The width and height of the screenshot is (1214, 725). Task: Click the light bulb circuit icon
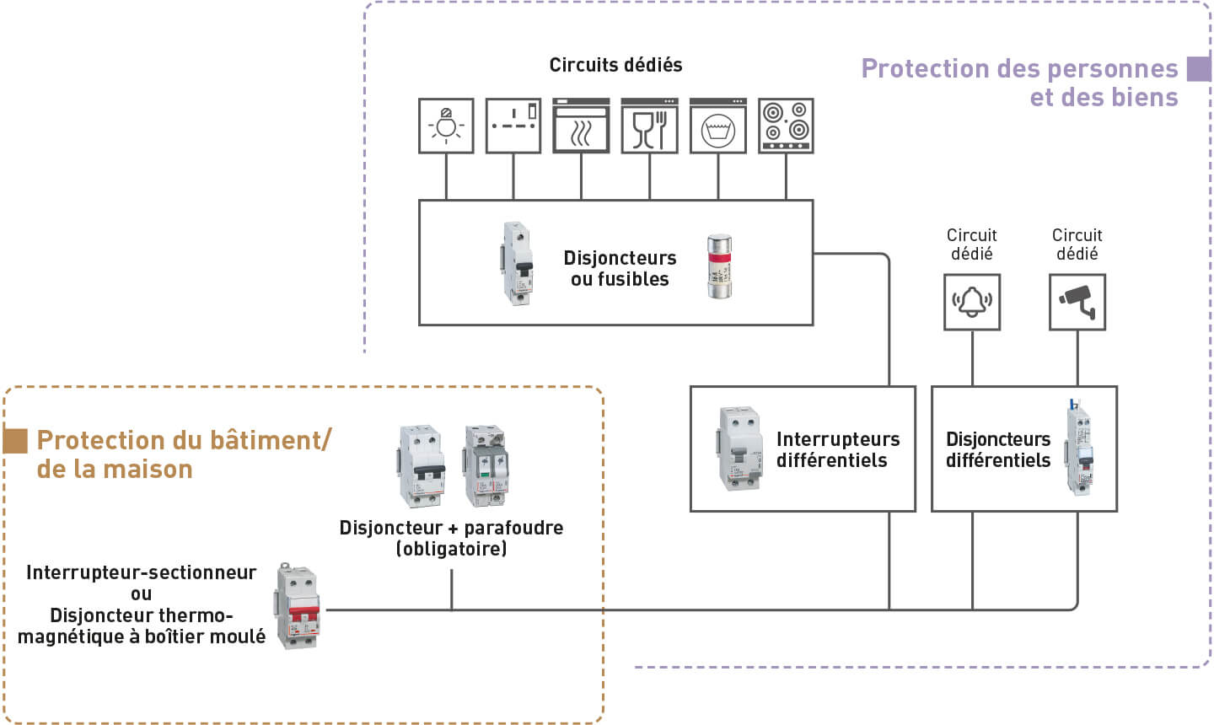446,126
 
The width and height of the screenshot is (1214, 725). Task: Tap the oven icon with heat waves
581,126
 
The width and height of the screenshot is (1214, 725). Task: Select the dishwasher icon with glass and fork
649,126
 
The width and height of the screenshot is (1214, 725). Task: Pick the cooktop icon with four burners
786,126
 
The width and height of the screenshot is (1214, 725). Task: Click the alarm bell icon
972,302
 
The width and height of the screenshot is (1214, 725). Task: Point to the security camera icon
1077,302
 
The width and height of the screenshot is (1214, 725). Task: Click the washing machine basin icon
717,126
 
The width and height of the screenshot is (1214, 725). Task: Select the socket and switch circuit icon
513,126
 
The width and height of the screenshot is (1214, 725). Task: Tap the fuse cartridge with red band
720,266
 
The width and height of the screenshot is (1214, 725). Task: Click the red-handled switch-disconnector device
298,606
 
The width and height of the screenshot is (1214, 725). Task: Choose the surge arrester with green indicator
485,465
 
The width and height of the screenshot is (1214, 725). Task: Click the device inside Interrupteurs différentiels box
739,448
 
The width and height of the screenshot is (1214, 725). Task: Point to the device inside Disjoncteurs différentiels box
1079,447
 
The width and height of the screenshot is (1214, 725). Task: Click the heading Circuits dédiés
615,65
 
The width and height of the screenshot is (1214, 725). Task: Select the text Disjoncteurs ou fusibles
620,268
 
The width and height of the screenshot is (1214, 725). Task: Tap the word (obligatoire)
451,549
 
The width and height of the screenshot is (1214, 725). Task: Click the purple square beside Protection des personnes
1198,69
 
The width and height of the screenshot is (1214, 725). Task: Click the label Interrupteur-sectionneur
141,572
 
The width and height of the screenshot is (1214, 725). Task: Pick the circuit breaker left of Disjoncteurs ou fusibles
518,262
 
